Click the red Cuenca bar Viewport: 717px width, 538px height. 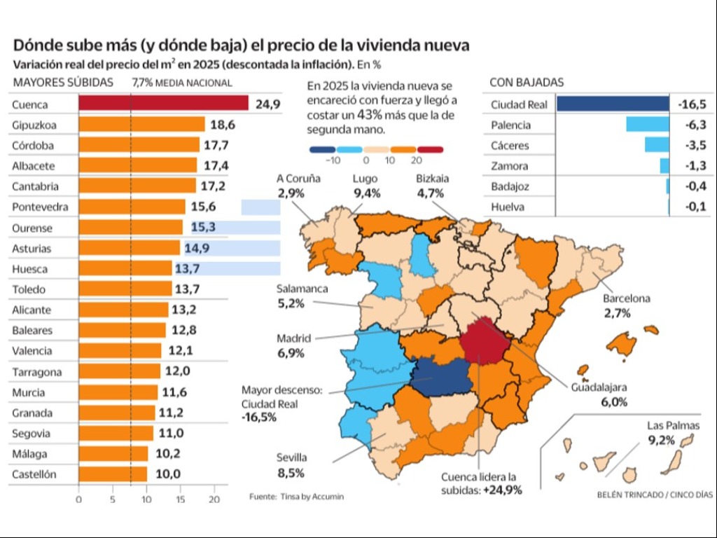click(163, 104)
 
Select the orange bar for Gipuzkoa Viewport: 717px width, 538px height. click(141, 125)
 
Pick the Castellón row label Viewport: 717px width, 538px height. click(34, 474)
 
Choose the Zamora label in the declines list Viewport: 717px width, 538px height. click(510, 166)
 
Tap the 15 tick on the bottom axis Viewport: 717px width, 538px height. click(181, 499)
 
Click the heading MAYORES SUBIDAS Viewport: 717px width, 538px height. click(62, 83)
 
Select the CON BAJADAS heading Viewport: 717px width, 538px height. click(527, 83)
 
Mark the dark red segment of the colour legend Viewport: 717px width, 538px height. click(430, 149)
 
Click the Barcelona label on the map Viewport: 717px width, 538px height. click(626, 298)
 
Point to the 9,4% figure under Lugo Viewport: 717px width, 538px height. click(368, 193)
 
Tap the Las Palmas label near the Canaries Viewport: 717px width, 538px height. click(672, 425)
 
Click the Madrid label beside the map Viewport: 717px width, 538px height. click(293, 338)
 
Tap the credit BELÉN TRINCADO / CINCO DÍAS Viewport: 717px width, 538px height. click(655, 495)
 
